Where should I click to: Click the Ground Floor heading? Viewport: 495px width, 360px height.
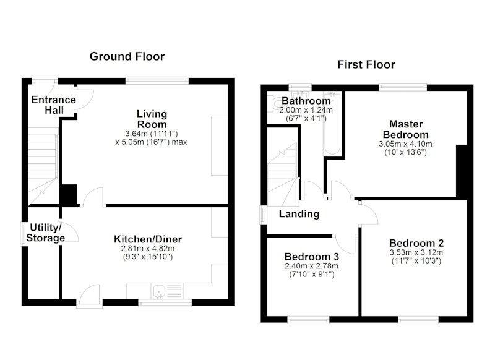pos(127,56)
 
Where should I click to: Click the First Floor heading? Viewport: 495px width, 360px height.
pos(366,65)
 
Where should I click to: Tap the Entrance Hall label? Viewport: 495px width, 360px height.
pos(54,105)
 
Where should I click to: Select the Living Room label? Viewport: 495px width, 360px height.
pos(152,119)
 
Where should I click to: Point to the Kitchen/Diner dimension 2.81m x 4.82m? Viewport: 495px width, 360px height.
pos(148,249)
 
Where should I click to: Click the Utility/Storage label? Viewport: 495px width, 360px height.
pos(45,233)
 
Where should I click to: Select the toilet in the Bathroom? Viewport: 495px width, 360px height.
pos(273,104)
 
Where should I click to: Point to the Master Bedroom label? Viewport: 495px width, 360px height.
pos(406,129)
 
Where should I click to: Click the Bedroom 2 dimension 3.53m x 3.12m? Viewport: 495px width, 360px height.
pos(416,253)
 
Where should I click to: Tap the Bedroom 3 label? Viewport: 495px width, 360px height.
pos(312,257)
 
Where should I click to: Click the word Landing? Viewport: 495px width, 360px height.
pos(299,214)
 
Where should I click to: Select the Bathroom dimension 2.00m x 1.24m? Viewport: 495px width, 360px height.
pos(306,110)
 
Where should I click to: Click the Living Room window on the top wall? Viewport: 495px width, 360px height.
pos(157,81)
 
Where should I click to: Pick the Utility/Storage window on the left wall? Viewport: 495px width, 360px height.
pos(24,234)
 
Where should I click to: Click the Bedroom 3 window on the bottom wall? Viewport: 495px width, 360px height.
pos(308,320)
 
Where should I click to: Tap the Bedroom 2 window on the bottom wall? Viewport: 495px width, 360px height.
pos(418,320)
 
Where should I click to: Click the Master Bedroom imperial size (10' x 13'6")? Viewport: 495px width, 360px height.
pos(406,152)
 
